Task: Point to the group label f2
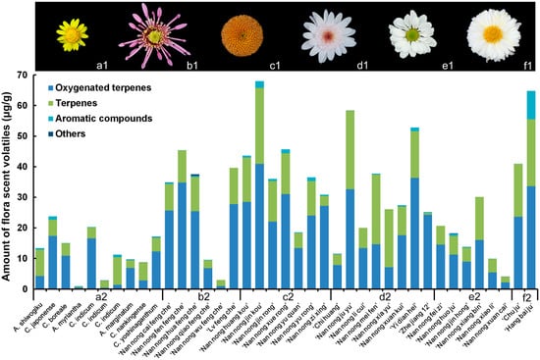coord(525,295)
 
